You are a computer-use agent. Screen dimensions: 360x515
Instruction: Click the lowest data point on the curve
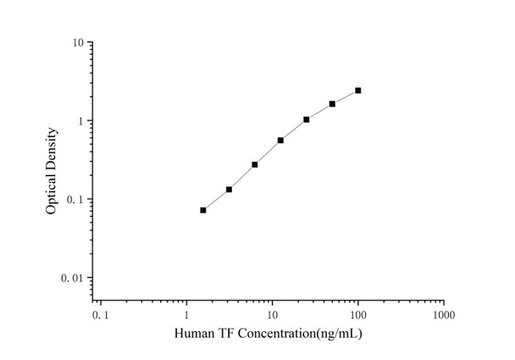pos(203,210)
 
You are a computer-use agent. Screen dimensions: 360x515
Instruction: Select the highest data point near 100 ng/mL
pos(358,91)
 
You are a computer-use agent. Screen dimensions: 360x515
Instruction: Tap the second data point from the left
pos(229,190)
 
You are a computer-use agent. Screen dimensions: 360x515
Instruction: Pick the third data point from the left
pos(255,164)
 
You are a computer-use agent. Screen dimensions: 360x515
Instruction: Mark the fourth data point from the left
pos(280,140)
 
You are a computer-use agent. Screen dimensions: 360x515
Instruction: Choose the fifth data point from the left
pos(306,119)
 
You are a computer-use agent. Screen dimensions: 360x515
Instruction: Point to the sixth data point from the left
pos(332,103)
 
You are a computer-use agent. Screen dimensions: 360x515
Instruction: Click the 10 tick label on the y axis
pos(77,42)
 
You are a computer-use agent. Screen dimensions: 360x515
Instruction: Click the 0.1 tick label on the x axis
pos(101,315)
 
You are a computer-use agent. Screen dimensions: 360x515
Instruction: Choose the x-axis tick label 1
pos(187,315)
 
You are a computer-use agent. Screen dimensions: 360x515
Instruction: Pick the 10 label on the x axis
pos(273,315)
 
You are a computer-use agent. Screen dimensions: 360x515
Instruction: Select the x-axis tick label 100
pos(358,315)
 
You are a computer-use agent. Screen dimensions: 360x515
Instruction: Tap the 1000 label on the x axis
pos(443,315)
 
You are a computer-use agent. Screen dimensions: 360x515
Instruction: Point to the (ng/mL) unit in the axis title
pos(338,335)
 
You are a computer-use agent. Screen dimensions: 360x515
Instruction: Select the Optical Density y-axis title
pos(53,170)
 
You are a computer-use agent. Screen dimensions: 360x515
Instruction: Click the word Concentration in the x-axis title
pos(270,335)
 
